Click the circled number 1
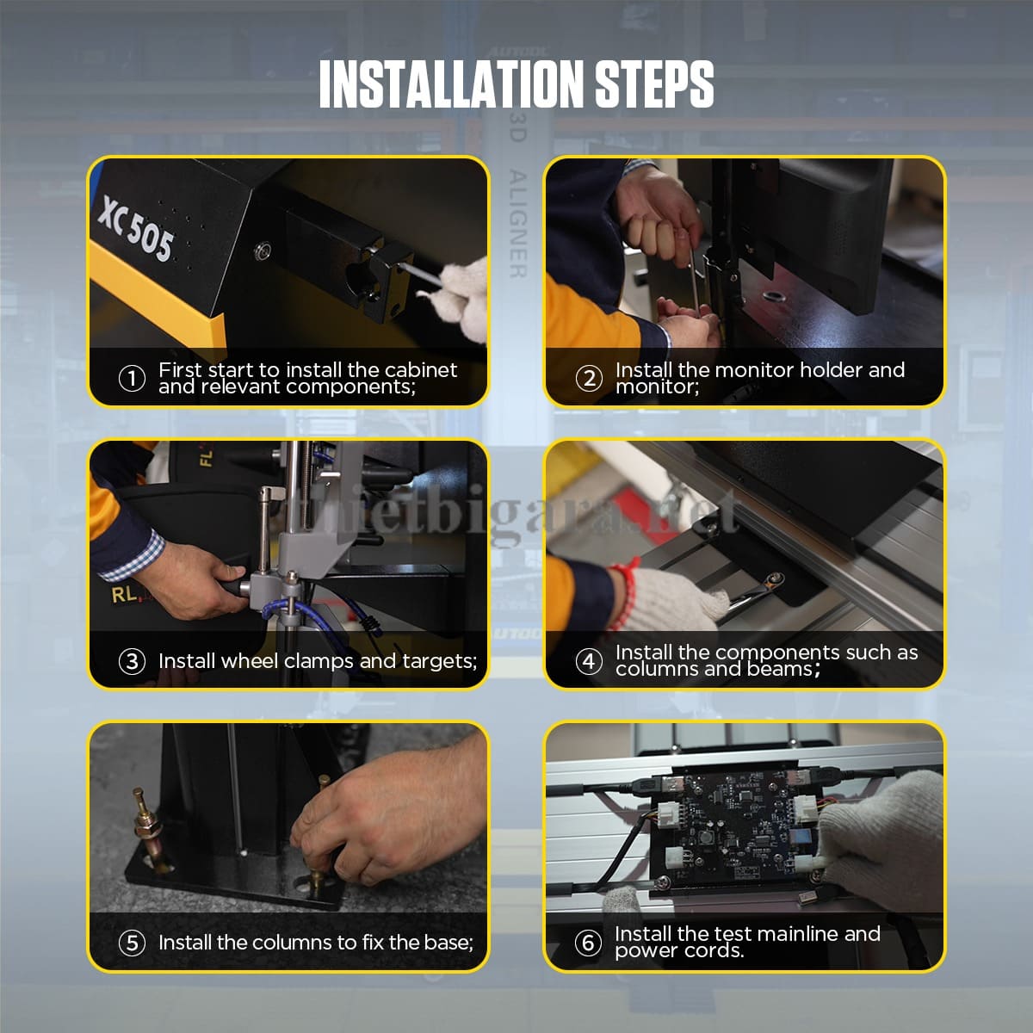(132, 378)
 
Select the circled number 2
(589, 378)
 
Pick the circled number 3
(132, 661)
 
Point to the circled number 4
(589, 661)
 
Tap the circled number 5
(132, 943)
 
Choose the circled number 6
(589, 943)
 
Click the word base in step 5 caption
(448, 943)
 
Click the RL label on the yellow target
(123, 594)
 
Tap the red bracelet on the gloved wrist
(625, 573)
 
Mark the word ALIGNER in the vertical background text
(516, 224)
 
